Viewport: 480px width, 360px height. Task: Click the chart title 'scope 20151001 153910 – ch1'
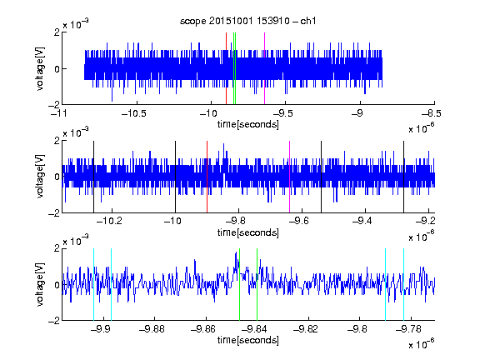click(x=247, y=21)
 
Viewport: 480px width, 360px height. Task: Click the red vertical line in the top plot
click(x=226, y=68)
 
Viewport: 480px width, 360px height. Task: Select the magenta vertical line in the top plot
click(x=264, y=68)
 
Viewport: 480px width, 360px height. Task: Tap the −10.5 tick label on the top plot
click(x=134, y=114)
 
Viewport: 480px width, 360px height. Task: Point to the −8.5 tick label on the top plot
click(x=431, y=114)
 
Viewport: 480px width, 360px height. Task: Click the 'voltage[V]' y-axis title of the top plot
click(x=40, y=68)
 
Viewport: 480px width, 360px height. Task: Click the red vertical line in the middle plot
click(x=207, y=177)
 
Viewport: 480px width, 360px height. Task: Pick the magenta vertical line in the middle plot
click(x=290, y=177)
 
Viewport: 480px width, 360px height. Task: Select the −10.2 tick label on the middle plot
click(x=109, y=221)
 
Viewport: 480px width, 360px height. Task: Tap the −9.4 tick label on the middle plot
click(x=362, y=221)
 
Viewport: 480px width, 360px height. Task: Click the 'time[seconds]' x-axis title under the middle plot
click(x=248, y=232)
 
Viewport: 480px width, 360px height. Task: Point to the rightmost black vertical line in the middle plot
click(x=404, y=177)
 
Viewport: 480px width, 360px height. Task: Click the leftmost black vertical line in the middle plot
click(x=93, y=177)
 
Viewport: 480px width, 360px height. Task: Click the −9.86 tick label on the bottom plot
click(x=203, y=329)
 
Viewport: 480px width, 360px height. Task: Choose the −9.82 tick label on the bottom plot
click(x=306, y=329)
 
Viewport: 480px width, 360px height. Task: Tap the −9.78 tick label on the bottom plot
click(x=408, y=329)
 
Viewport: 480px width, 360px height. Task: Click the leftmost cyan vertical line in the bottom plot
click(x=93, y=284)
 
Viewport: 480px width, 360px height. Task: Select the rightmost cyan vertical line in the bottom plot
click(x=404, y=284)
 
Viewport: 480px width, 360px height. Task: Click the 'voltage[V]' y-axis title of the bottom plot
click(x=40, y=284)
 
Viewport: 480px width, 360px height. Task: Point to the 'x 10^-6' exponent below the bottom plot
click(x=422, y=343)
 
